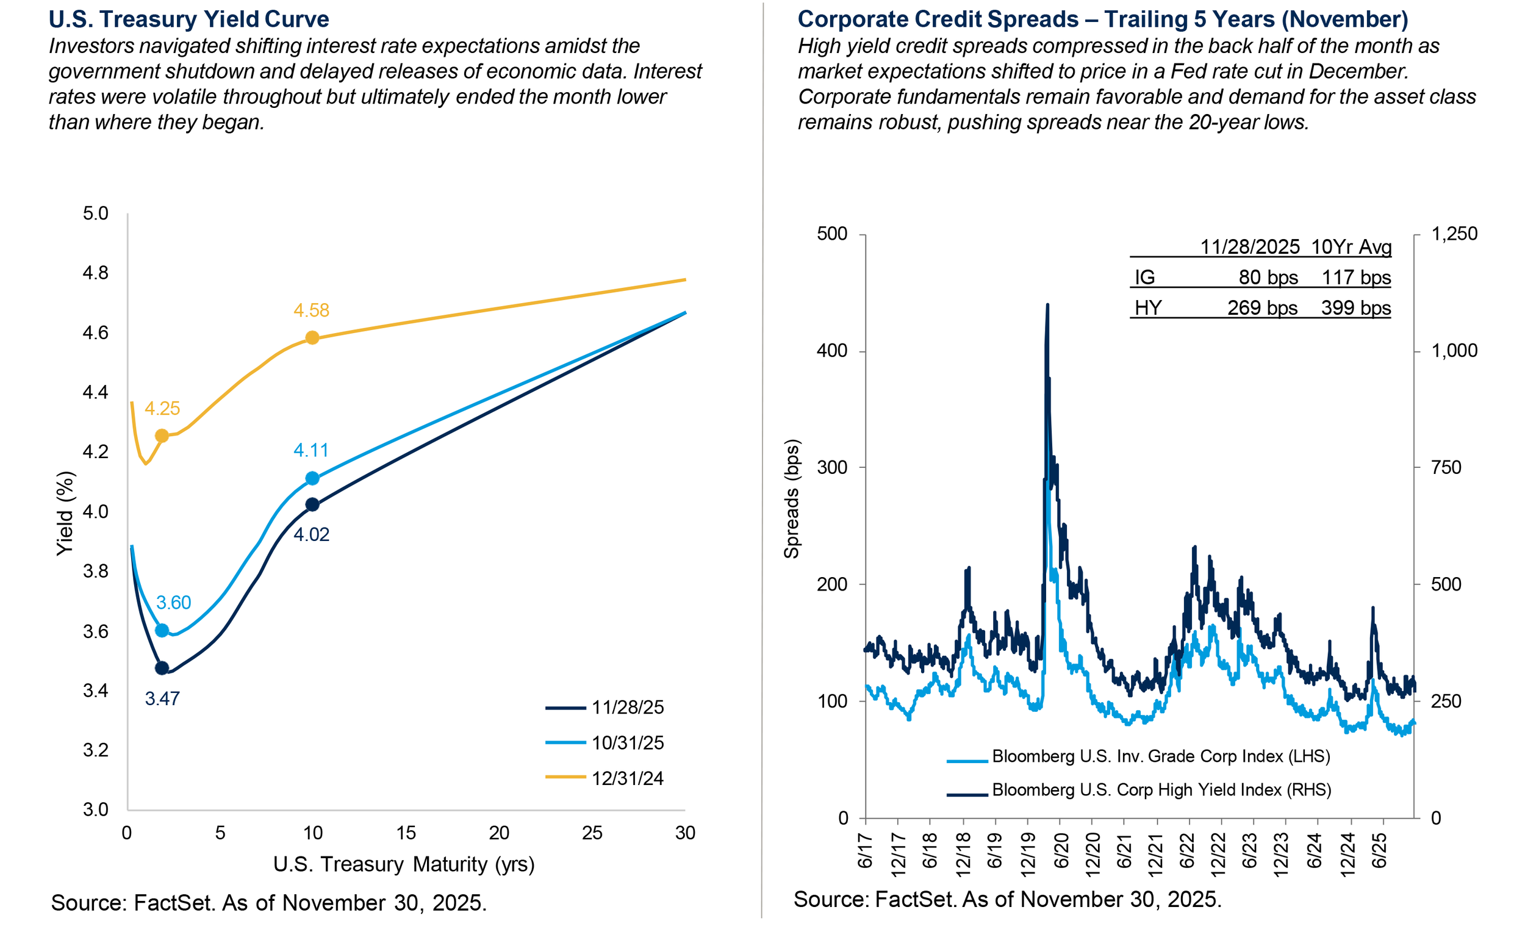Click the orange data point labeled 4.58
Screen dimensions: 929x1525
click(312, 338)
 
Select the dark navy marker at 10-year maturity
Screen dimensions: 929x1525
click(312, 504)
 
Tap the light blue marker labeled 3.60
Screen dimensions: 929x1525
click(162, 630)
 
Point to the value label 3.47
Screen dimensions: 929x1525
click(162, 699)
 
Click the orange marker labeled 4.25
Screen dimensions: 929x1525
click(162, 436)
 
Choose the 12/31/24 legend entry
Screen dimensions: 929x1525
click(627, 778)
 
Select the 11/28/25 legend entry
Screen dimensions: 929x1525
click(627, 708)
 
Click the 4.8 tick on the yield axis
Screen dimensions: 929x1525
click(95, 273)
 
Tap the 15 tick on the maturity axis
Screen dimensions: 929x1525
click(406, 833)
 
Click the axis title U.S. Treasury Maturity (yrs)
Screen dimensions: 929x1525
click(404, 864)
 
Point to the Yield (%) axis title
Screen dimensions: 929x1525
click(65, 513)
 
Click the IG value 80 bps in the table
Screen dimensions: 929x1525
click(1268, 278)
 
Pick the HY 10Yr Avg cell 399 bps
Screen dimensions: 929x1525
click(1355, 307)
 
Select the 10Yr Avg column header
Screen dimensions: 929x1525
click(1351, 247)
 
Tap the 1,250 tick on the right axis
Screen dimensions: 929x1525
click(1454, 234)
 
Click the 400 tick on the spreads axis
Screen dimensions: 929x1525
click(832, 351)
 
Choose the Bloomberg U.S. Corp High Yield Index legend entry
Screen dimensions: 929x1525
click(1161, 790)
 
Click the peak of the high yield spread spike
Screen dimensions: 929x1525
click(1047, 304)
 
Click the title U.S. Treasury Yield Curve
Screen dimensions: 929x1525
click(188, 19)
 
